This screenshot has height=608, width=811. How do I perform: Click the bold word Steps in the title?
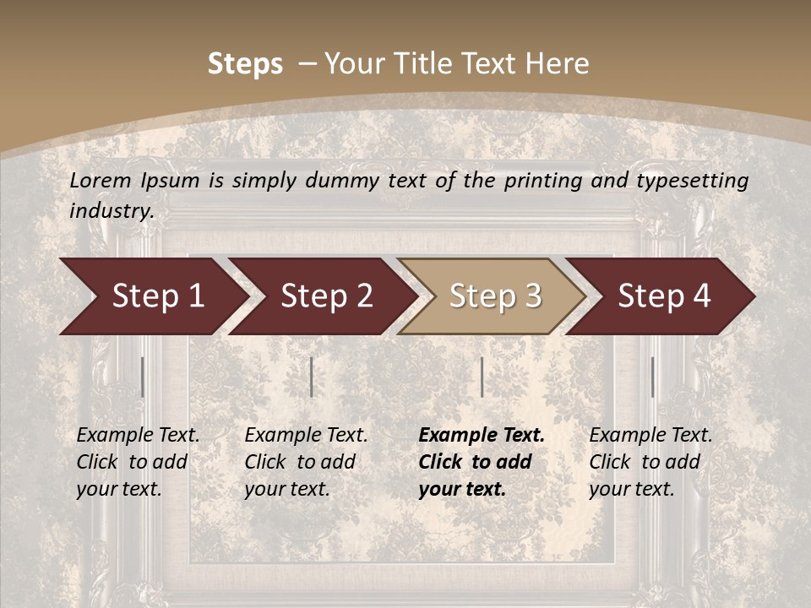pyautogui.click(x=245, y=64)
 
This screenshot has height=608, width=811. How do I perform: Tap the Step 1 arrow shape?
pyautogui.click(x=152, y=296)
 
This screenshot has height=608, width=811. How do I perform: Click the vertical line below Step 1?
pyautogui.click(x=143, y=377)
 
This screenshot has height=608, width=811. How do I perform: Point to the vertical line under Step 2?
pyautogui.click(x=312, y=377)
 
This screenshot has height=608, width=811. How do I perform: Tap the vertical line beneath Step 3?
pyautogui.click(x=482, y=377)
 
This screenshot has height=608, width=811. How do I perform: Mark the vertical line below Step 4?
pyautogui.click(x=652, y=377)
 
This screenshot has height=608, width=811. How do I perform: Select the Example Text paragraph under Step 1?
pyautogui.click(x=138, y=462)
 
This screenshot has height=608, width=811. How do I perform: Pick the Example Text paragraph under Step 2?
pyautogui.click(x=306, y=462)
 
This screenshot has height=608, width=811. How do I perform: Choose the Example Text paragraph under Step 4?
pyautogui.click(x=650, y=462)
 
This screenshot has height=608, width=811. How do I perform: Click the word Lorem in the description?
pyautogui.click(x=101, y=181)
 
